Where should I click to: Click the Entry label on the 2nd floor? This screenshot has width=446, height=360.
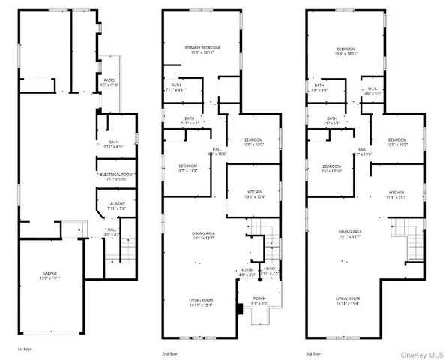pyautogui.click(x=270, y=272)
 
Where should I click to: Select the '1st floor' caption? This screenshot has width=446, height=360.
pyautogui.click(x=25, y=349)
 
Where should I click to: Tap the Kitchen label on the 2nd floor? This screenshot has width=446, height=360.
pyautogui.click(x=255, y=195)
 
